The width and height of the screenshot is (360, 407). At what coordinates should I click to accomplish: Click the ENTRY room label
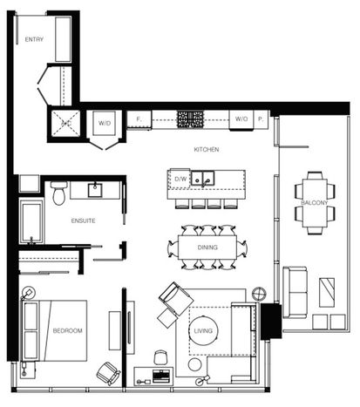click(x=34, y=39)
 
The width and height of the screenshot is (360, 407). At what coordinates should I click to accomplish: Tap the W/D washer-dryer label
click(x=105, y=123)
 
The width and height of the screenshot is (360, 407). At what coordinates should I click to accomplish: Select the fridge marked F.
click(x=139, y=119)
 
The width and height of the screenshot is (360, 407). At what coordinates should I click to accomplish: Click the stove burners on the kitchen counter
click(x=190, y=119)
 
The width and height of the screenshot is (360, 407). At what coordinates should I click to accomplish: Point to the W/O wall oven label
click(x=241, y=119)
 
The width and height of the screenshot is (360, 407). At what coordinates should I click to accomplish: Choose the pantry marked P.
click(x=261, y=119)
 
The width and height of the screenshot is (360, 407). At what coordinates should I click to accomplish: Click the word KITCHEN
click(x=207, y=150)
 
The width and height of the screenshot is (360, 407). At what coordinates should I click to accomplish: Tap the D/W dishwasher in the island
click(x=180, y=179)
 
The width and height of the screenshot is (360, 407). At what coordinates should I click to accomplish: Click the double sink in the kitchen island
click(x=203, y=179)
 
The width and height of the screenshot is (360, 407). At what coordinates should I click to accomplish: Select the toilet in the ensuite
click(x=59, y=193)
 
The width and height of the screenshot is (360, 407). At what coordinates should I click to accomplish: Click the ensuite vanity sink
click(x=95, y=190)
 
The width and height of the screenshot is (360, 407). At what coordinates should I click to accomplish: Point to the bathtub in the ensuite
click(x=31, y=221)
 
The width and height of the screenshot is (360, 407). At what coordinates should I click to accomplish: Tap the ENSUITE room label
click(x=83, y=220)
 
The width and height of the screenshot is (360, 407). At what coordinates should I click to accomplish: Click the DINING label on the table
click(x=207, y=248)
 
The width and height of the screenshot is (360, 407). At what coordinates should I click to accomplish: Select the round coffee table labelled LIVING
click(x=203, y=330)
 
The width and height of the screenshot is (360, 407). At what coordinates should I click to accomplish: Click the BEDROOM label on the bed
click(x=67, y=330)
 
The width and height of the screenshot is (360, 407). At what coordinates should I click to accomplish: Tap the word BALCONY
click(x=315, y=203)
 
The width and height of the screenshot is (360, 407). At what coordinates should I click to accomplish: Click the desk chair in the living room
click(x=160, y=356)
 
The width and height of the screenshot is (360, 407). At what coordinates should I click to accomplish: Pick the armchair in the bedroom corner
click(x=109, y=374)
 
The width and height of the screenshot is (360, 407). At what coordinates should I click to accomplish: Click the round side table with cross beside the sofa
click(x=259, y=294)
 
